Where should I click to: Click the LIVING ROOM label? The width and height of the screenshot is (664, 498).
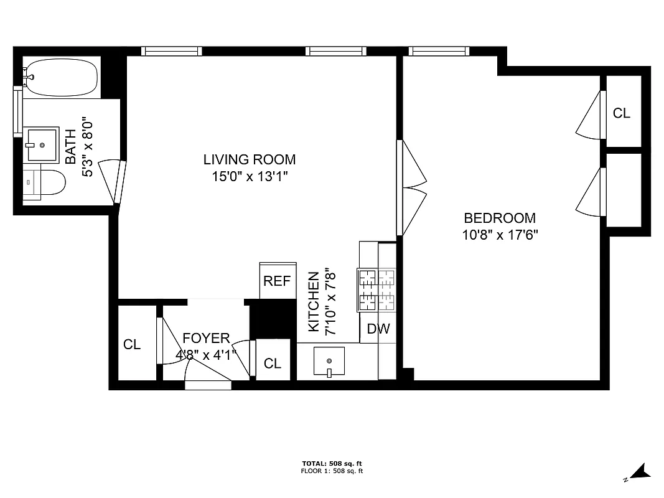point(249,159)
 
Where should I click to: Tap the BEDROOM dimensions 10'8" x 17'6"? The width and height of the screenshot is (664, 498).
point(500,235)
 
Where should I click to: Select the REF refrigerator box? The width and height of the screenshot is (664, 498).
point(277,281)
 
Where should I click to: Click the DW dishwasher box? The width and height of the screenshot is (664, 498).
point(378,329)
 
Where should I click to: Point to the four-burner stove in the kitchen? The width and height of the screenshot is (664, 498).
point(376,289)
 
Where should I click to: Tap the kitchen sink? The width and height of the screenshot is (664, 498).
point(329,361)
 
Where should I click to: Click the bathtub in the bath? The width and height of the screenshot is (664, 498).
point(60,77)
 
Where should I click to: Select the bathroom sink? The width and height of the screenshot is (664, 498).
point(42,144)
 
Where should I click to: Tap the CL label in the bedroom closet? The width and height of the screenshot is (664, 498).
point(621,113)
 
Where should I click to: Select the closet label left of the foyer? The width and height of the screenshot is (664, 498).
point(132,344)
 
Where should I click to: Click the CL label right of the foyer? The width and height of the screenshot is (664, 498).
point(273,364)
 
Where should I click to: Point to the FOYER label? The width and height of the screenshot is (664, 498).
point(206,338)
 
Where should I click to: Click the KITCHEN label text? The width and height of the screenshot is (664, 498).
point(314,301)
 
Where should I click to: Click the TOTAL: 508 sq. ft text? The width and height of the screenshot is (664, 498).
point(332,463)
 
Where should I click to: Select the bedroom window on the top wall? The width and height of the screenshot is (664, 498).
point(437,51)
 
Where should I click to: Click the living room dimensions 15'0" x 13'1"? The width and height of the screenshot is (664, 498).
point(249,176)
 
